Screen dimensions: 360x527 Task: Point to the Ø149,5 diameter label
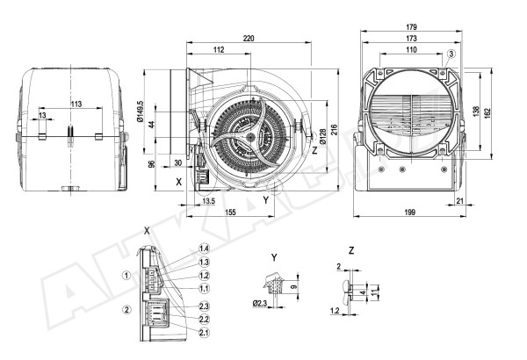click(x=141, y=112)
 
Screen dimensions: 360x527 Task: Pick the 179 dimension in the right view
click(x=412, y=27)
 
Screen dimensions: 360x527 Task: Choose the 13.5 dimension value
click(x=208, y=202)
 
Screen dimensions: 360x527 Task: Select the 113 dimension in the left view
click(x=76, y=104)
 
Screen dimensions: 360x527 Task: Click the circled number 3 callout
click(x=451, y=54)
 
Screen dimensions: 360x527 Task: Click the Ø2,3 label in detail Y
click(x=261, y=304)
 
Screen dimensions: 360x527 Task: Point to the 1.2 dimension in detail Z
click(x=335, y=310)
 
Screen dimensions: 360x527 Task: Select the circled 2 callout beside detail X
click(x=126, y=309)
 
